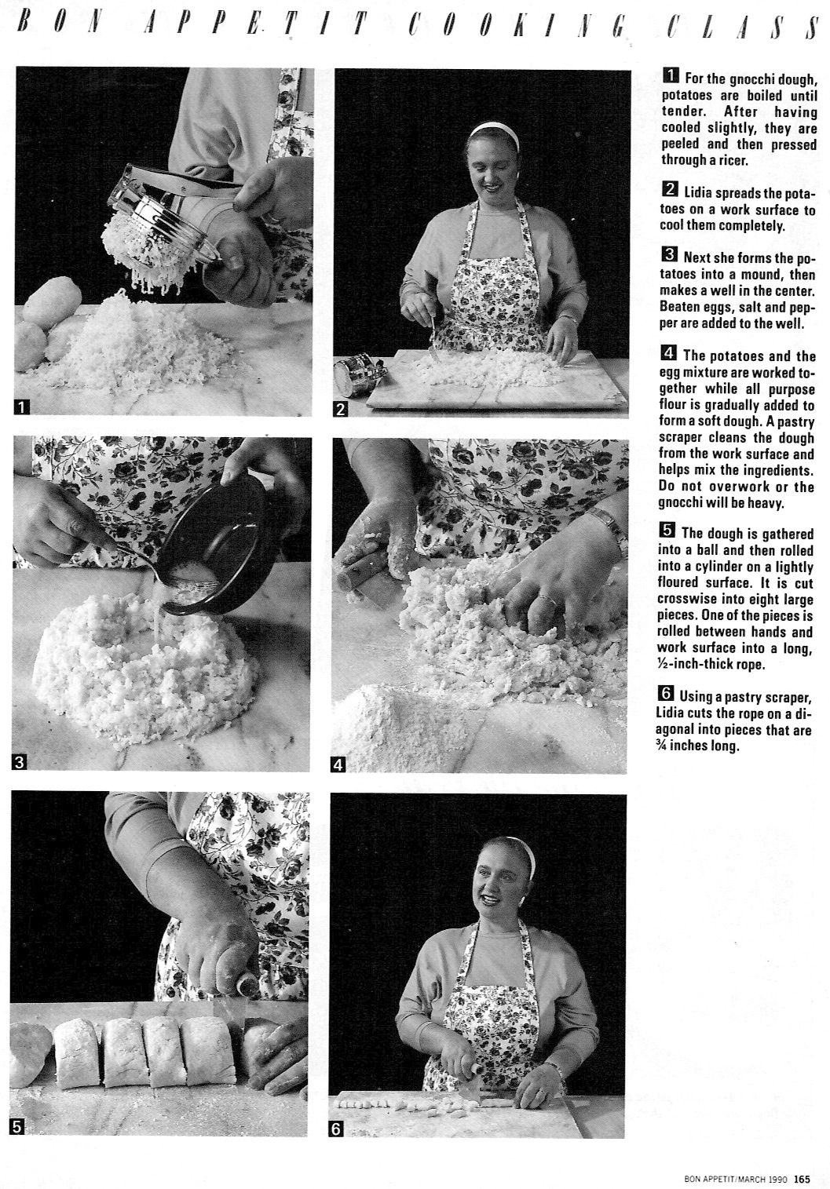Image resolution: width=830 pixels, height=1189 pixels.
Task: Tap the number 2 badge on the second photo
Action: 342,409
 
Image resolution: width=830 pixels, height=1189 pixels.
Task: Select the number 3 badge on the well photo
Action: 20,761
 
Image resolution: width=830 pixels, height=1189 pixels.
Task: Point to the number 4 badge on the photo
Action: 338,764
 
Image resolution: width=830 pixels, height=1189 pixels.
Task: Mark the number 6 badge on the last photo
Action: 338,1129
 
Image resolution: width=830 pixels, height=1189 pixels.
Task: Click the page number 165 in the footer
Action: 802,1177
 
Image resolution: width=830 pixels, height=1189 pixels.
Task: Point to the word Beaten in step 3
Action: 680,308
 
